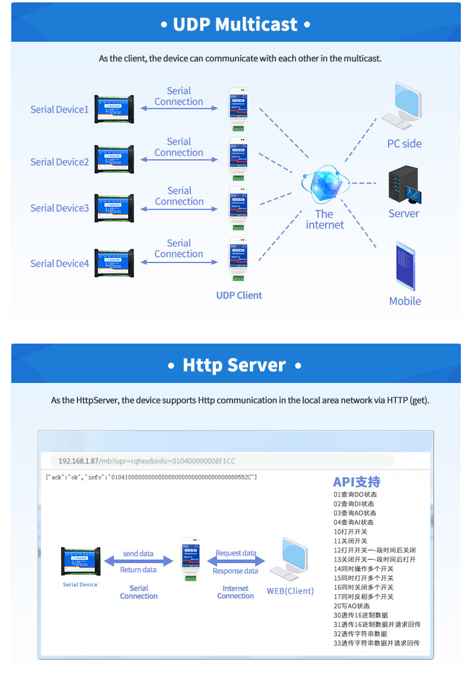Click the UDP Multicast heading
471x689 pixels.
coord(235,24)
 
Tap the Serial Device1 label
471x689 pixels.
coord(60,110)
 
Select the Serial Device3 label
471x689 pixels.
coord(60,208)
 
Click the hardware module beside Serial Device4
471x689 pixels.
coord(114,263)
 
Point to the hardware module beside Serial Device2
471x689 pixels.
coord(114,159)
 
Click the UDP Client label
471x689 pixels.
coord(239,295)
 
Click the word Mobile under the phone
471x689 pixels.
coord(405,301)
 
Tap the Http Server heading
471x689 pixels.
coord(235,365)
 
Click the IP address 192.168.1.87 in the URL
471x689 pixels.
coord(78,461)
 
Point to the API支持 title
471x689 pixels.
coord(357,482)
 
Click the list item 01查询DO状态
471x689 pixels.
coord(355,494)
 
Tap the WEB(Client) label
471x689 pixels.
coord(290,591)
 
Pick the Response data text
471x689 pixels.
coord(235,571)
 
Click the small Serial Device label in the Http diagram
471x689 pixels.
coord(80,585)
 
